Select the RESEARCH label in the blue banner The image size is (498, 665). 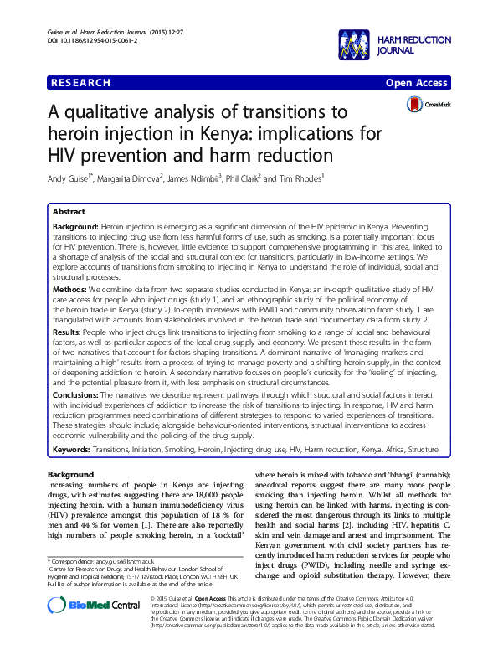[x=81, y=83]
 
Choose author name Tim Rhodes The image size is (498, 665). [x=298, y=178]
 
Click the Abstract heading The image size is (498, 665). [x=71, y=213]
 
